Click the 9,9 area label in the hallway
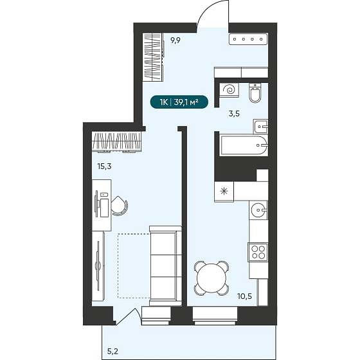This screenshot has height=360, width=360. click(x=175, y=40)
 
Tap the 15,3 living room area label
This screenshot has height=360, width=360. click(x=104, y=166)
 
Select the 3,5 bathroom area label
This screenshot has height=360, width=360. click(x=234, y=113)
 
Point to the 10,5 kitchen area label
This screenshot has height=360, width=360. click(x=244, y=296)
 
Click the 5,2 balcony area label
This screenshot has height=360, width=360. click(x=113, y=351)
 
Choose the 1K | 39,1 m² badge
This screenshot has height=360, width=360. click(x=179, y=102)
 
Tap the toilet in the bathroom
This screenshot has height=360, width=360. click(x=255, y=93)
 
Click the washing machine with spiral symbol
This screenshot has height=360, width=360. click(x=229, y=90)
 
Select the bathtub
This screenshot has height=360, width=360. click(x=244, y=146)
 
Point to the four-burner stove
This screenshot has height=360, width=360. click(x=258, y=252)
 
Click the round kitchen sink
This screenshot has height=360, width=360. click(x=258, y=210)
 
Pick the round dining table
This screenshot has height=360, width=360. click(x=212, y=278)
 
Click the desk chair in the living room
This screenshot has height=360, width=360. click(x=120, y=206)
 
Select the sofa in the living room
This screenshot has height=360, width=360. click(x=165, y=265)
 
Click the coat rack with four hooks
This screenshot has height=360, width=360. click(x=248, y=39)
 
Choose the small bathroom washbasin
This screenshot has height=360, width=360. click(x=260, y=126)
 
